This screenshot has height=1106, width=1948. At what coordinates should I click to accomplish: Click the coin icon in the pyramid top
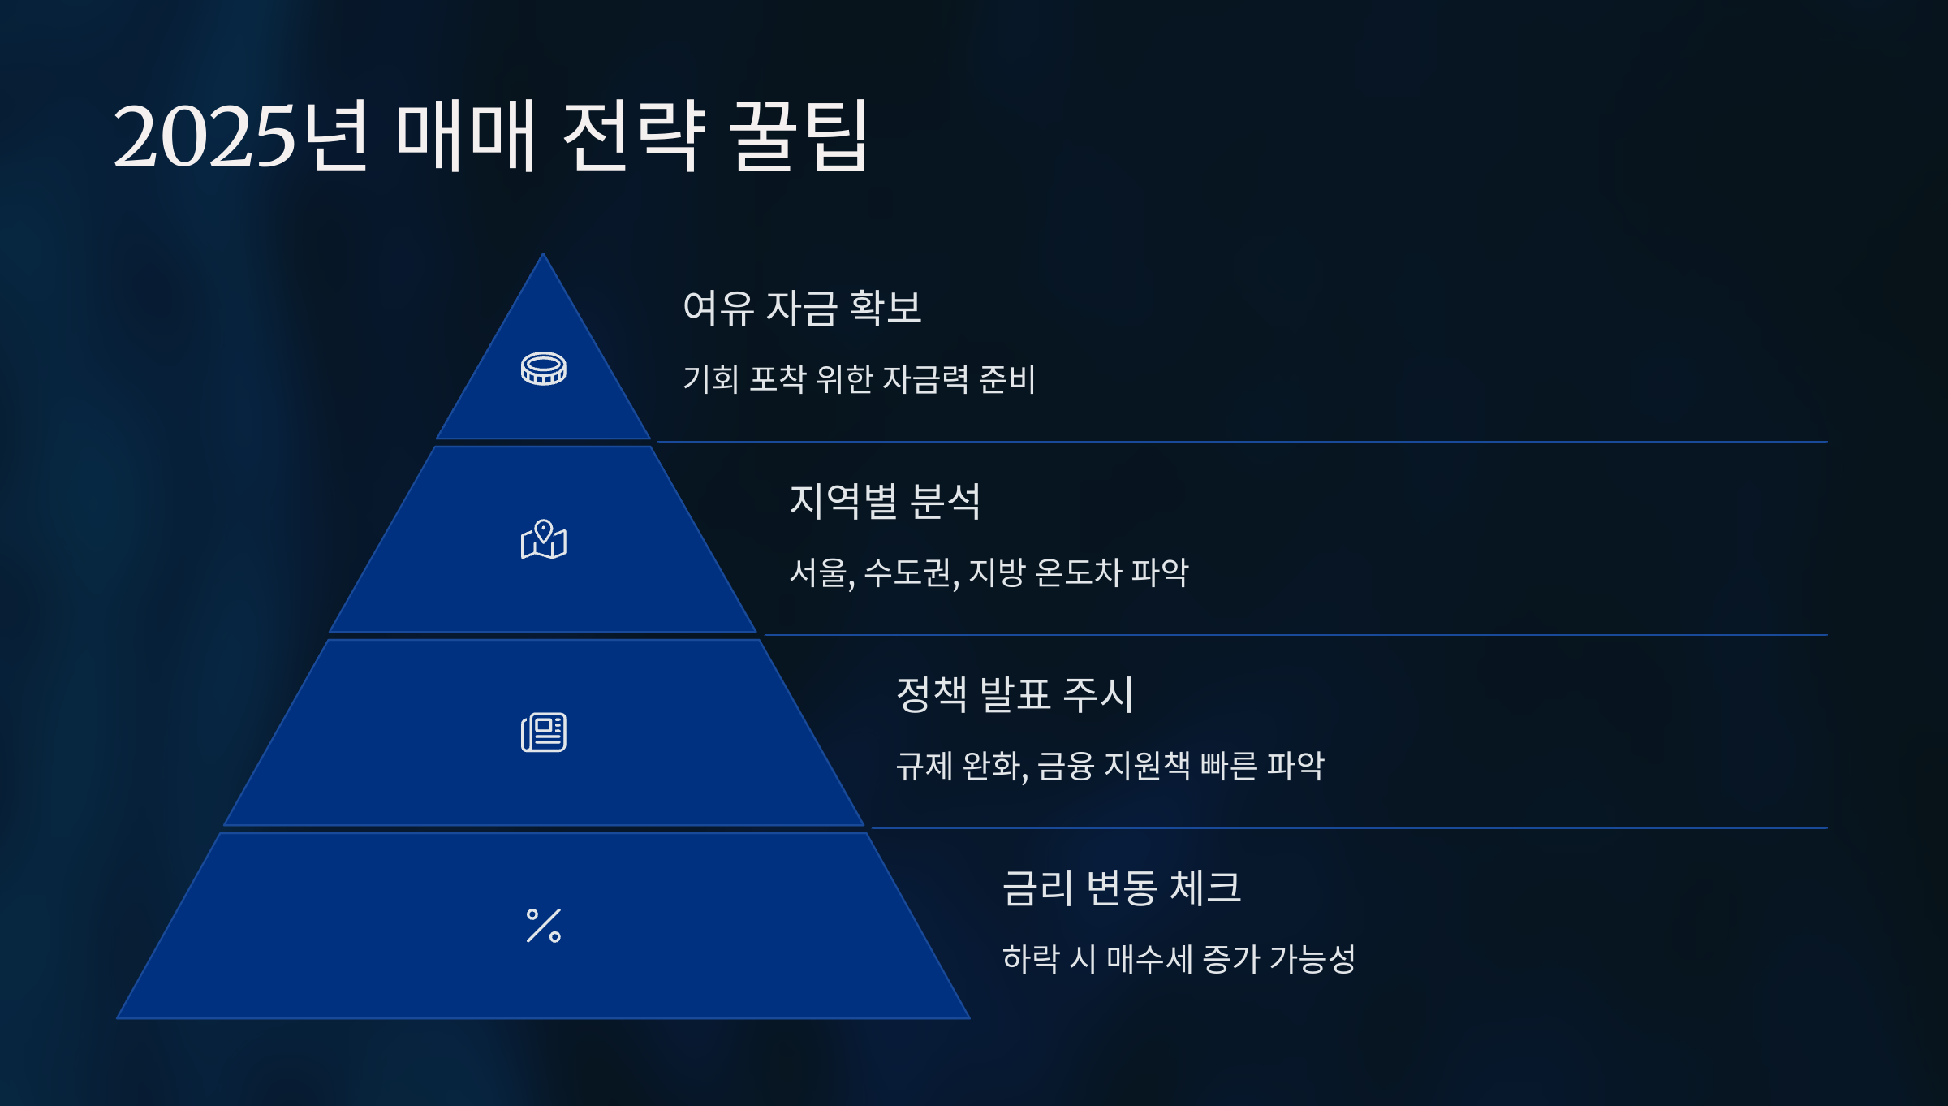point(543,369)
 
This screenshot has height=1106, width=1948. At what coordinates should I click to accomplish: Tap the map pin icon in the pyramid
point(543,540)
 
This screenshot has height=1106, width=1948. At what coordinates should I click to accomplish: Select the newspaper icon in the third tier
point(543,732)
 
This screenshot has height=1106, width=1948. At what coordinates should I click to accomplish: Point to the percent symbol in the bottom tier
point(543,926)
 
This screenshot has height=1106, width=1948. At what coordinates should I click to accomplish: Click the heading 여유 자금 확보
point(802,308)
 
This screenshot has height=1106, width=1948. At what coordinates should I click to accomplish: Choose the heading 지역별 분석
point(885,501)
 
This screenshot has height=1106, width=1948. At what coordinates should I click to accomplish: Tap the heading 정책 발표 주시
point(1015,694)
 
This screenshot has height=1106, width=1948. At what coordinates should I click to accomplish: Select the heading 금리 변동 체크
point(1122,888)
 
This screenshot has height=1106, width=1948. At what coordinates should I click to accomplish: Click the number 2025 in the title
point(204,136)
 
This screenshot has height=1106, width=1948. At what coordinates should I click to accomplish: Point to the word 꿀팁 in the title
point(799,136)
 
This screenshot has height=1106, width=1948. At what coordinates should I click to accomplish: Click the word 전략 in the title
point(633,136)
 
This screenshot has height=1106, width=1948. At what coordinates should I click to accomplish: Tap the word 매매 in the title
point(466,136)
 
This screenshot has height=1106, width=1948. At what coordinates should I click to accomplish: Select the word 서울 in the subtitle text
point(818,572)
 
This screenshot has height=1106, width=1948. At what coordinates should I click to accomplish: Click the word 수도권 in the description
point(908,572)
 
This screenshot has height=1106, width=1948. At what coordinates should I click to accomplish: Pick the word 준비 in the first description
point(1007,379)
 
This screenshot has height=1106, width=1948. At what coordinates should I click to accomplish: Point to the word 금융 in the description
point(1066,766)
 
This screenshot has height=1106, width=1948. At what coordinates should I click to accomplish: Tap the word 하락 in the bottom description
point(1031,959)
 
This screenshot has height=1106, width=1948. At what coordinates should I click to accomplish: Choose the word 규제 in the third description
point(924,766)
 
